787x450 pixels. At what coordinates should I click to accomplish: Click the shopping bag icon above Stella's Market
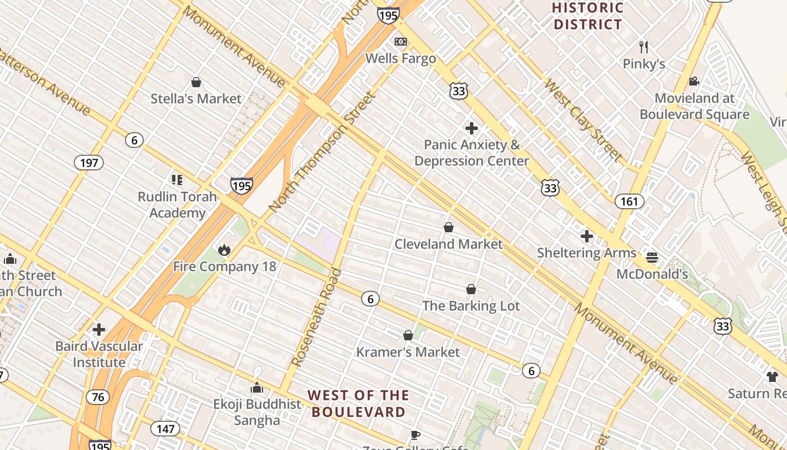pos(196,83)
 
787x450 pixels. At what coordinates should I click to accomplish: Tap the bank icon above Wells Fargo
pos(401,42)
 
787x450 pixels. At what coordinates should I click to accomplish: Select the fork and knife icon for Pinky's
pos(644,47)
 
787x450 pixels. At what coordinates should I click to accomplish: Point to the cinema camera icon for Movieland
pos(694,81)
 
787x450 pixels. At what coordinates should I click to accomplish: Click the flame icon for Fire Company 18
pos(224,250)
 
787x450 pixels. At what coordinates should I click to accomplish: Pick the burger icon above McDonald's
pos(652,258)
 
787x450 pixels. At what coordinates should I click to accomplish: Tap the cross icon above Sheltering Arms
pos(587,236)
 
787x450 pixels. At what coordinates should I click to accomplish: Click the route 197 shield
pos(89,163)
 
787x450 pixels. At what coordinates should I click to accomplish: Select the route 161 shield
pos(629,201)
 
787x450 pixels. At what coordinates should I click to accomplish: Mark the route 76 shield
pos(98,397)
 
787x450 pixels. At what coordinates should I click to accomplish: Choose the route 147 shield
pos(166,429)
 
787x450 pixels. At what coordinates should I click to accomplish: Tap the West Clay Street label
pos(583,121)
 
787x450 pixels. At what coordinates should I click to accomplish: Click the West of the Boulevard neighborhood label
pos(359,403)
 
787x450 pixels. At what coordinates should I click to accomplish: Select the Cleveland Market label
pos(448,244)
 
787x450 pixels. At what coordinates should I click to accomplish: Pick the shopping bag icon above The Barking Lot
pos(471,289)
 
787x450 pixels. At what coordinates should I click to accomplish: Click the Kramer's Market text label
pos(408,352)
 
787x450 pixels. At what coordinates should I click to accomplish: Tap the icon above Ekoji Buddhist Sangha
pos(257,388)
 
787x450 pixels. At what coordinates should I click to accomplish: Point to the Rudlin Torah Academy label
pos(177,205)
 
